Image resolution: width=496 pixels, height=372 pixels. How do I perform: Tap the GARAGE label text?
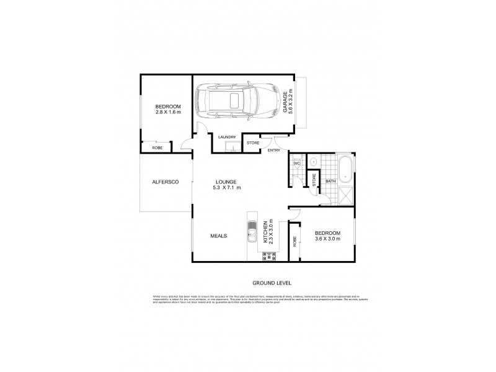pos(286,100)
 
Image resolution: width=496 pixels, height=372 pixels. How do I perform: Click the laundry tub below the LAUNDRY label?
pos(231,148)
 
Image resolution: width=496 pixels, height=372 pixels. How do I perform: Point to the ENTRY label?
pos(274,150)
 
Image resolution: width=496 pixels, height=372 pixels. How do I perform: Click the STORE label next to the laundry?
pos(252,144)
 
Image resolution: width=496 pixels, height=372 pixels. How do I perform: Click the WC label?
pos(296,164)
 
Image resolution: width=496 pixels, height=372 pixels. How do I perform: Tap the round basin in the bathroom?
pos(313,162)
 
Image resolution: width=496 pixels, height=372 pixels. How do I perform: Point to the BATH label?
pos(330,181)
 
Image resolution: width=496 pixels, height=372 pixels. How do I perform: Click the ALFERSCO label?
pos(166,182)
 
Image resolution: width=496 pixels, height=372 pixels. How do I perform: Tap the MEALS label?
pos(218,236)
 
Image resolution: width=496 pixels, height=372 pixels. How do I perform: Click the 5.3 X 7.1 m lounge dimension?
pos(226,187)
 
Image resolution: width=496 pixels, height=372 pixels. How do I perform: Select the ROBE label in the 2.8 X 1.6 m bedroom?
pos(157,148)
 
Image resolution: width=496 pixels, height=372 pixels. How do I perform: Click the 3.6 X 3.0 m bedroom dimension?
pos(327,239)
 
